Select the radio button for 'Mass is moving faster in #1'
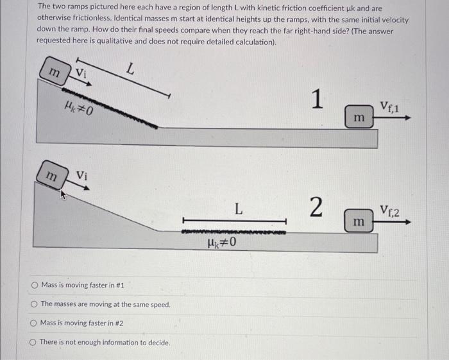(x=34, y=285)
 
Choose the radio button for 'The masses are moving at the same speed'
(x=34, y=304)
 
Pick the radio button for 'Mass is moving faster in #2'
(x=34, y=323)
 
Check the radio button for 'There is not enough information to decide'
(x=34, y=342)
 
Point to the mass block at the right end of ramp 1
(x=359, y=117)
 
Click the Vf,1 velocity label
(x=389, y=107)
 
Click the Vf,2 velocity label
(x=389, y=210)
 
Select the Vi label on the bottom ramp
(x=82, y=175)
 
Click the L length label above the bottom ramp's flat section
(x=238, y=208)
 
